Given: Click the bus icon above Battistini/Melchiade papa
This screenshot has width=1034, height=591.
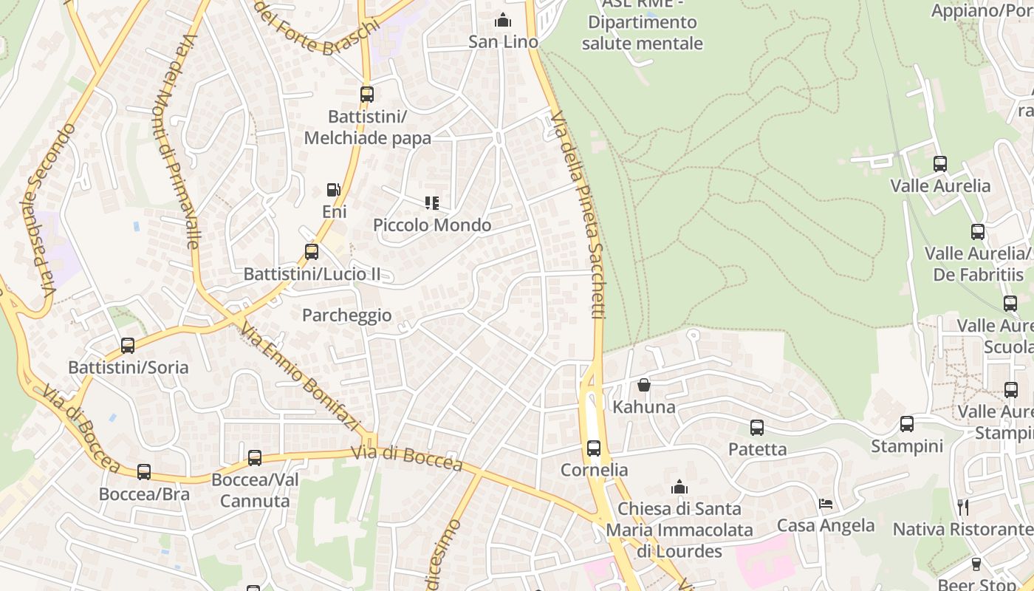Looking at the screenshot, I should tap(367, 95).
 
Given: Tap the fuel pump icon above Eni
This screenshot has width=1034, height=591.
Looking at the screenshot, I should tap(334, 190).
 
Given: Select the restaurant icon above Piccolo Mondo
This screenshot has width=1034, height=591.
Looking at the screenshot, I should tap(432, 202).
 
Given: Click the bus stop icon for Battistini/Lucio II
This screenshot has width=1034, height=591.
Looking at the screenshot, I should tap(312, 251).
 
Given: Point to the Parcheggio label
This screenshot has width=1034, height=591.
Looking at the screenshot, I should tap(346, 315).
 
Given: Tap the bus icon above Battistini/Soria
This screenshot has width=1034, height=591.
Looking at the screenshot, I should tap(128, 345).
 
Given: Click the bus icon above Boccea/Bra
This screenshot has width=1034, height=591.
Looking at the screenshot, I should tap(144, 471).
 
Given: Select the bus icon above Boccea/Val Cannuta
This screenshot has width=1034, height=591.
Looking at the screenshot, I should tap(255, 457).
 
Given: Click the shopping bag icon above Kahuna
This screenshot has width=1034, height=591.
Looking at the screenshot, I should tap(644, 385).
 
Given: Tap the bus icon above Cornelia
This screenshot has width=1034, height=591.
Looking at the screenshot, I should tap(594, 448).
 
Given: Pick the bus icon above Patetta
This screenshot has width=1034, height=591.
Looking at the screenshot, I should tap(757, 427).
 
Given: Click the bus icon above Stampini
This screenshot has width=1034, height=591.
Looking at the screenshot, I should tap(907, 424).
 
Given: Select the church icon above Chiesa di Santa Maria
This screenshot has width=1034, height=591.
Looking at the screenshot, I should tap(679, 487).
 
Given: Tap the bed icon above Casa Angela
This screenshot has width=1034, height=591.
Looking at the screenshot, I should tap(826, 504).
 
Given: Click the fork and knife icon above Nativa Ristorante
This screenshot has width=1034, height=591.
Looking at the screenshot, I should tap(963, 507).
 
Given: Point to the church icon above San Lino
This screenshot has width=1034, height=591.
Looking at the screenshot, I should tap(503, 19).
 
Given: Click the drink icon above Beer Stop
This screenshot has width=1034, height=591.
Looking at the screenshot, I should tap(976, 564).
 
